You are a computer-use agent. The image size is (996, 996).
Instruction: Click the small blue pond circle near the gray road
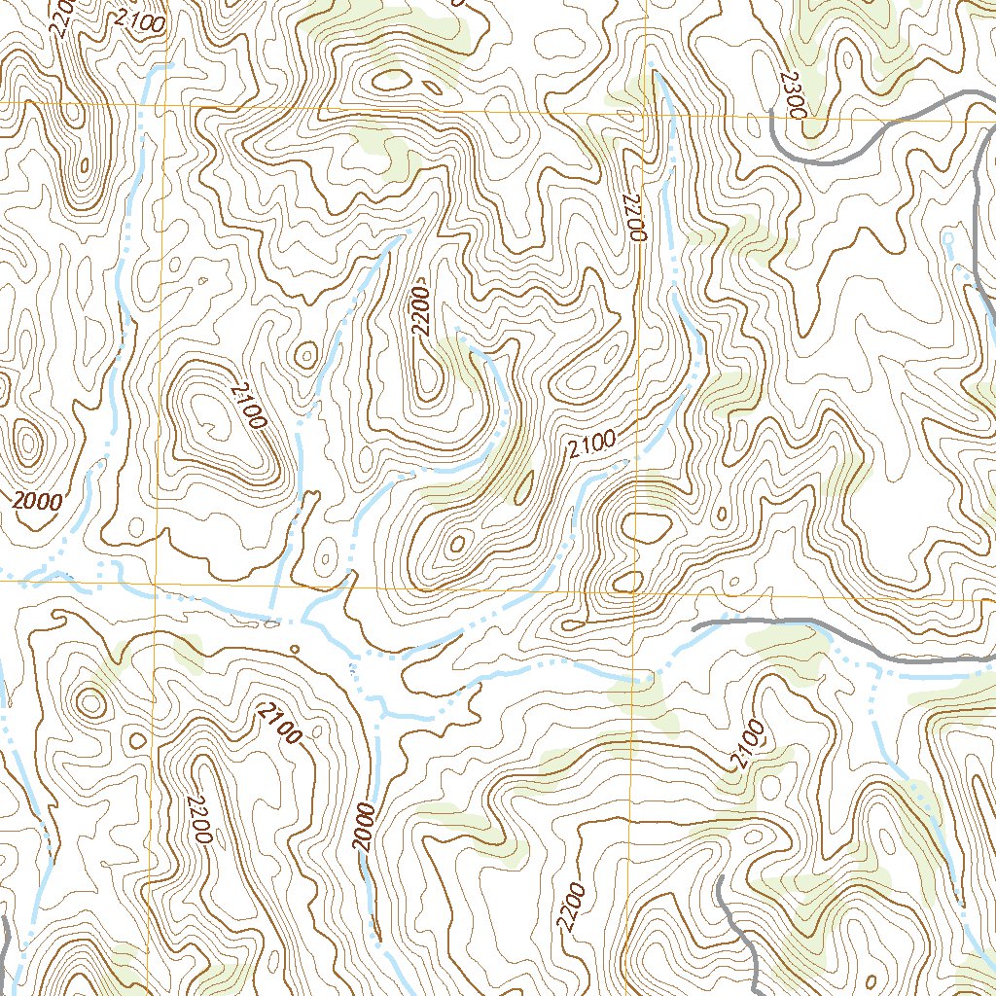[948, 236]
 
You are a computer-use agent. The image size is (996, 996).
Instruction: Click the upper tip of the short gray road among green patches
[721, 877]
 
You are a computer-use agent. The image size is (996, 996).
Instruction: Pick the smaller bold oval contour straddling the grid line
[629, 581]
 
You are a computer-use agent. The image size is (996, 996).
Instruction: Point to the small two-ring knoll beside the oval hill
[306, 355]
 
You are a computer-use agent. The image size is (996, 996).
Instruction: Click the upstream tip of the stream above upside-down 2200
[654, 73]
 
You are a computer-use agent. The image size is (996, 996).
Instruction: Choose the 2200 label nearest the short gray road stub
[572, 908]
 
